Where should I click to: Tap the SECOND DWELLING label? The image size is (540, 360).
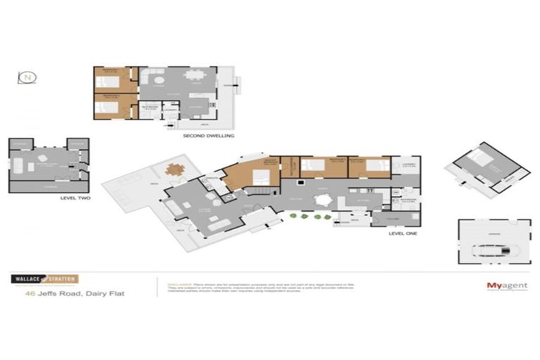click(x=208, y=135)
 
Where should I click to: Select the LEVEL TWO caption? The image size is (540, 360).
click(x=75, y=198)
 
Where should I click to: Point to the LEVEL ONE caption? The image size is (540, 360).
click(x=403, y=233)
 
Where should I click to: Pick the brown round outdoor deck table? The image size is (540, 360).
click(x=175, y=169)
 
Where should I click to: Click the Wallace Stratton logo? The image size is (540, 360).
click(x=44, y=278)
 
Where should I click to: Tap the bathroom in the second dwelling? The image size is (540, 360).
click(x=149, y=110)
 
